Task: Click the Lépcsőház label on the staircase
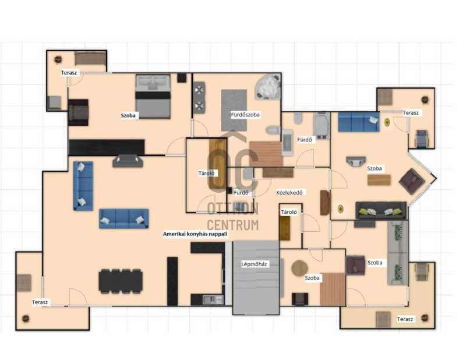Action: point(254,264)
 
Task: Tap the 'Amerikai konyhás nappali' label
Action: point(195,234)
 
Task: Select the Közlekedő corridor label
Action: point(289,192)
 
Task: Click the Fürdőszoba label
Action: point(245,114)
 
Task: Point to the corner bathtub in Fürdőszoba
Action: point(268,87)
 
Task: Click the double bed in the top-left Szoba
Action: point(153,97)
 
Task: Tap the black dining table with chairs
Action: point(121,281)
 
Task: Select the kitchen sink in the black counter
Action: point(213,299)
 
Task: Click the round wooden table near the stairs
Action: point(299,269)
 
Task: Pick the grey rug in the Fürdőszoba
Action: point(234,110)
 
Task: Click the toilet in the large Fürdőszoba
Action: point(273,130)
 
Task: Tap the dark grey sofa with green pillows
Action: point(381,210)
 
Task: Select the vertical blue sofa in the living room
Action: point(83,186)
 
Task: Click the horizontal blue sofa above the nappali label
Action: point(124,218)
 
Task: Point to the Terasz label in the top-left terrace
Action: point(69,73)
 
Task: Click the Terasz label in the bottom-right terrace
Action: point(405,319)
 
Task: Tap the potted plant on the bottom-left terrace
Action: point(26,319)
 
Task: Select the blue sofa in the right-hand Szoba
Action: point(359,122)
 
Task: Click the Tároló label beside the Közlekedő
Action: point(289,212)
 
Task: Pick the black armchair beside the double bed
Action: point(78,112)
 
